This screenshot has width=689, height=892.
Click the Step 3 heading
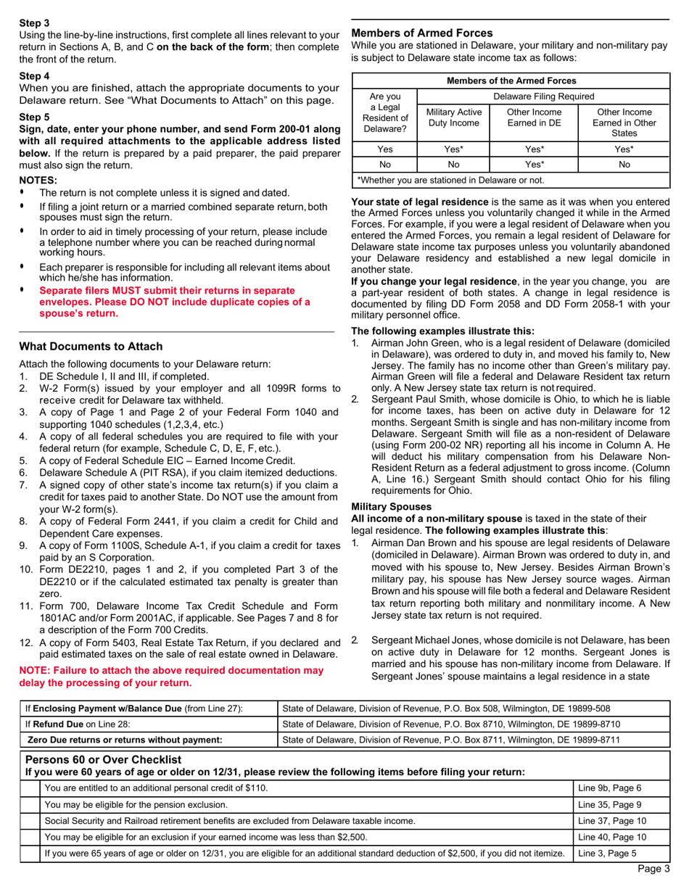click(34, 23)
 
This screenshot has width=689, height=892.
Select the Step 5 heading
click(34, 116)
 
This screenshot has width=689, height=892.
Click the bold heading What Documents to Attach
click(91, 346)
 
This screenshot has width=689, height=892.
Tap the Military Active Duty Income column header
click(453, 118)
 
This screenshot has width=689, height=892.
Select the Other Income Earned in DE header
click(534, 118)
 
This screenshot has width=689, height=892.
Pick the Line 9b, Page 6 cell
click(609, 788)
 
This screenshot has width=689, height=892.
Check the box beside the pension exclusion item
click(30, 804)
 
